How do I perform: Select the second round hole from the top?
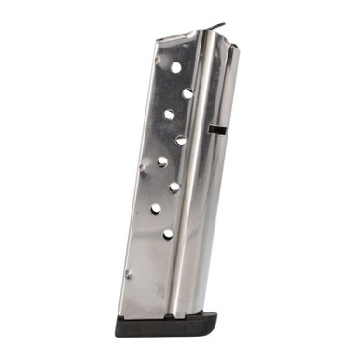pos(187,92)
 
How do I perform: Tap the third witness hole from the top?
pos(170,115)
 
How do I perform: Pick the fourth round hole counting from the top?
pos(181,140)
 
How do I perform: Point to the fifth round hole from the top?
pos(162,162)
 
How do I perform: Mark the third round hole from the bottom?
pos(174,187)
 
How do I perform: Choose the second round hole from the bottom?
pos(156,210)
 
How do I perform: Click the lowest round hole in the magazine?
pos(168,234)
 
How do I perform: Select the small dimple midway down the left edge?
pos(142,168)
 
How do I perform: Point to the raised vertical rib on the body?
pos(194,168)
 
